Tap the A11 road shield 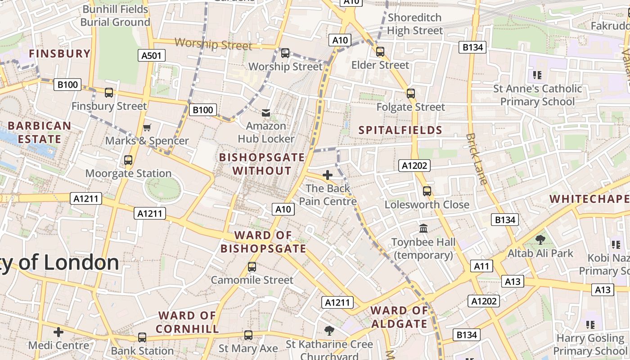click(481, 266)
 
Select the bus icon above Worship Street click(285, 53)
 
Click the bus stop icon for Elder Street click(380, 52)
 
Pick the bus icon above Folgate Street click(410, 94)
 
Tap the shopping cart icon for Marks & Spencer click(147, 128)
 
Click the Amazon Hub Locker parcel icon click(266, 112)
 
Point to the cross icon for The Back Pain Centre click(328, 175)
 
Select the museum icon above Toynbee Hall click(423, 229)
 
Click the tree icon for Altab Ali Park click(540, 240)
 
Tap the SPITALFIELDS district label click(400, 130)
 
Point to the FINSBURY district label click(60, 54)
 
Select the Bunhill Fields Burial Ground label click(115, 16)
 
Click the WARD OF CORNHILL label click(187, 322)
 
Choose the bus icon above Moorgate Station click(128, 160)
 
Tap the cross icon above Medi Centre click(58, 333)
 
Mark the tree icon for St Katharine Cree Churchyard click(329, 331)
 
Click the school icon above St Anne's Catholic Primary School click(537, 75)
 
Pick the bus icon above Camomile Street click(252, 267)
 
